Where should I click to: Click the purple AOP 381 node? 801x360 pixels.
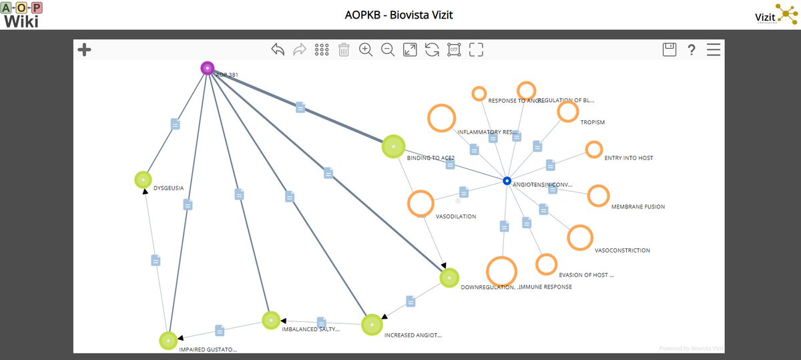[208, 68]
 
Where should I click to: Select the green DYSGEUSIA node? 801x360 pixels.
[143, 180]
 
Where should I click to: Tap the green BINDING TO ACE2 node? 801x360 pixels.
[393, 146]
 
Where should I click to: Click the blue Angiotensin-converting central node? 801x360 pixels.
[507, 181]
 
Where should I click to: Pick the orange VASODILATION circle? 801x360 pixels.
[421, 204]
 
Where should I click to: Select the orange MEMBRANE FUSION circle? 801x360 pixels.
[598, 196]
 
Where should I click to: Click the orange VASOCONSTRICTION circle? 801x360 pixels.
[580, 238]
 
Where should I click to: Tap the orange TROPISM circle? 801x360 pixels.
[567, 112]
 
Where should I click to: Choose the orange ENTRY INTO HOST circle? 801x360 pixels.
[593, 150]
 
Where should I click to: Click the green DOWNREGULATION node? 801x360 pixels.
[449, 278]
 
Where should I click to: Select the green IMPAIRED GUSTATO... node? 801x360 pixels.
[168, 341]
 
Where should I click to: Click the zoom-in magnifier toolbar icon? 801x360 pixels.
[366, 49]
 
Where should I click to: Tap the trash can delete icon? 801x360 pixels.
[344, 49]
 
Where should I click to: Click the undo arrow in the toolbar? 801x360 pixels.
[278, 49]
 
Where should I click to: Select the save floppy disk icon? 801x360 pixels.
[669, 49]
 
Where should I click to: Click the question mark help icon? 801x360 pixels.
[692, 49]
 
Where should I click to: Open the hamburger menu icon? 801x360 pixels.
[714, 49]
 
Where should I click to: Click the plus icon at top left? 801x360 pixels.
[84, 49]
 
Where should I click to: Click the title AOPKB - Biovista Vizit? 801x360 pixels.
[398, 14]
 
